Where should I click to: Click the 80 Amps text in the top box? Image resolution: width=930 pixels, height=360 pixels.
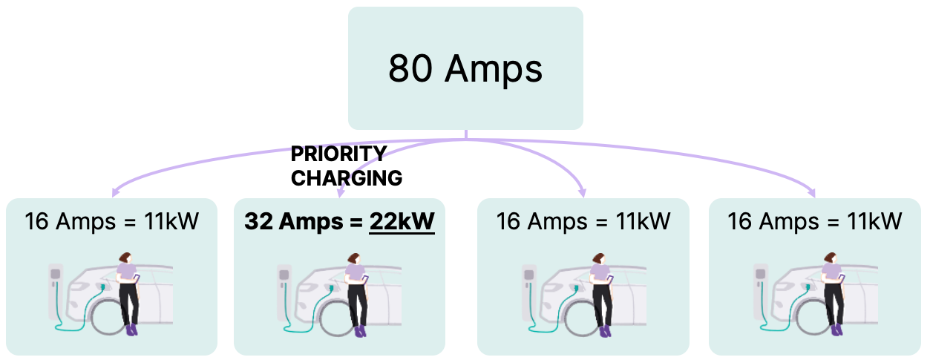tap(465, 69)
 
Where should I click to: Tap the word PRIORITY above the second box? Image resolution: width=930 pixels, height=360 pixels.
tap(338, 154)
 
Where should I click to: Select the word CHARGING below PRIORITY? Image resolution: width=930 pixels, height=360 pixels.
tap(346, 178)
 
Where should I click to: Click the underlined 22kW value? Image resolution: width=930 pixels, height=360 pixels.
tap(402, 221)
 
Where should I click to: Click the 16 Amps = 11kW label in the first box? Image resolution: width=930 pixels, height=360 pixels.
tap(111, 221)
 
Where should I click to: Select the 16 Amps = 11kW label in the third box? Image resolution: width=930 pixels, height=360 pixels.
tap(583, 221)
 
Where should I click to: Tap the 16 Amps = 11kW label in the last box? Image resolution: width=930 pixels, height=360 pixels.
tap(814, 221)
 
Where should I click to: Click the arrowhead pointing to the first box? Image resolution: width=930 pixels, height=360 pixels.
tap(114, 194)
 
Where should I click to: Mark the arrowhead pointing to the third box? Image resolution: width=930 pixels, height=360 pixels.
tap(583, 194)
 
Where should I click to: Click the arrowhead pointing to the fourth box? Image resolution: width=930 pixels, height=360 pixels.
tap(812, 194)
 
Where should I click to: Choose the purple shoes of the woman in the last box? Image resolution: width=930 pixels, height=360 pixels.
tap(837, 330)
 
